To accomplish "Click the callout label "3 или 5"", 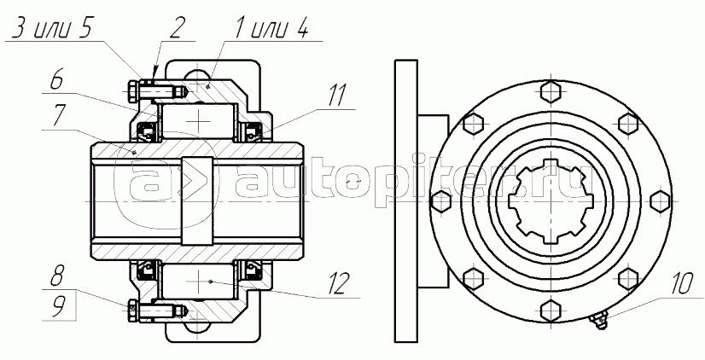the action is (52, 29).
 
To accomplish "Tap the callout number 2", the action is (175, 28).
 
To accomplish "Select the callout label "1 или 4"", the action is (271, 29).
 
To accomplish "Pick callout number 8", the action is (56, 276).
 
